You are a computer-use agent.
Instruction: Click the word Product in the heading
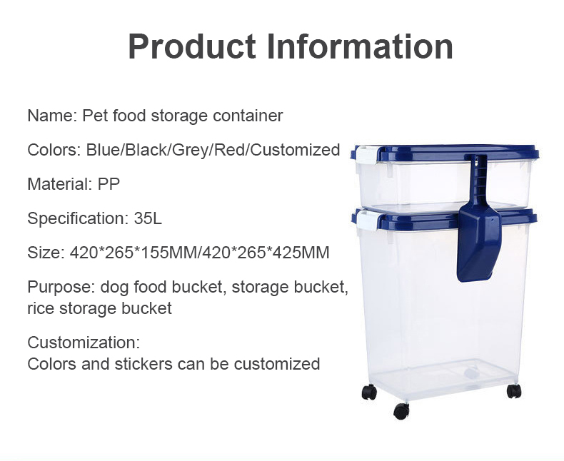(x=192, y=47)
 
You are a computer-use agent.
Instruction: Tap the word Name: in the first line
(x=53, y=116)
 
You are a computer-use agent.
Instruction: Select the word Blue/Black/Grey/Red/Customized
(x=213, y=150)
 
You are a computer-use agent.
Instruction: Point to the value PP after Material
(x=109, y=183)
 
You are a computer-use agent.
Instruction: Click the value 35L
(x=148, y=218)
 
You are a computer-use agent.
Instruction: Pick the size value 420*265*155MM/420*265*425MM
(x=199, y=253)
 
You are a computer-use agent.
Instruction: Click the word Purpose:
(x=61, y=288)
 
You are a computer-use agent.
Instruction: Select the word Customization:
(x=84, y=343)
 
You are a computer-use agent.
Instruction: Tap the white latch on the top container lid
(x=366, y=155)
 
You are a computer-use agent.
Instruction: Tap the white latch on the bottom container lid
(x=366, y=221)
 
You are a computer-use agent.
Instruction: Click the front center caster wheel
(x=401, y=411)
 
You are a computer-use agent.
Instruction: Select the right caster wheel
(x=513, y=391)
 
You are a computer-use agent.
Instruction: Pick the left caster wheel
(x=369, y=392)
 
